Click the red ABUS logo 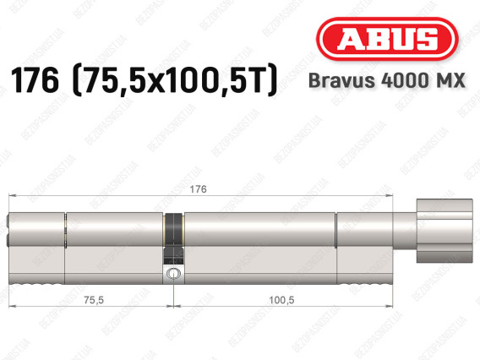(x=387, y=39)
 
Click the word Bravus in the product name (x=341, y=80)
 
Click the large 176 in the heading (x=35, y=79)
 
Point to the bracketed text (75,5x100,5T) (x=175, y=80)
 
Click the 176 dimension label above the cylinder (x=198, y=189)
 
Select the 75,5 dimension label (x=94, y=300)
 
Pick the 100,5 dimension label (x=281, y=300)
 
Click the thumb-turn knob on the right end (x=445, y=231)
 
